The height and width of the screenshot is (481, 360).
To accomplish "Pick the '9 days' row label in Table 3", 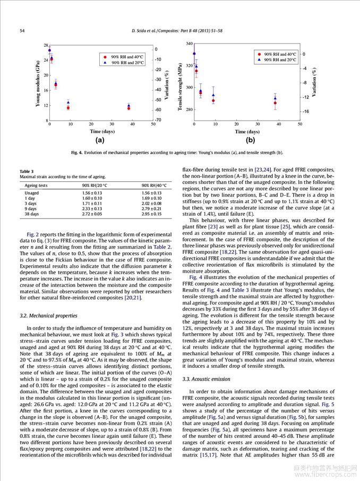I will pos(30,208).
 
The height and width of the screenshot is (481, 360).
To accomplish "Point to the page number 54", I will pos(22,31).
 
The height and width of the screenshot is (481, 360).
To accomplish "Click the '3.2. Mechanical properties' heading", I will pos(44,316).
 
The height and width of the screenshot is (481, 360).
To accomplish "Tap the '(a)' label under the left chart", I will pos(99,140).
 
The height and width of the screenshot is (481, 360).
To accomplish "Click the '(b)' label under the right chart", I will pos(250,140).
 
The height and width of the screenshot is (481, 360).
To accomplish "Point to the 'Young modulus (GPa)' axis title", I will pos(38,83).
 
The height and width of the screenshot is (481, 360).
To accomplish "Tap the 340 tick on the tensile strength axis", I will pos(188,43).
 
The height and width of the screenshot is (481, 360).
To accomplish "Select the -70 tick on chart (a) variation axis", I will pos(158,120).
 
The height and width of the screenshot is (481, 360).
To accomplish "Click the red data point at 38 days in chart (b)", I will pos(275,103).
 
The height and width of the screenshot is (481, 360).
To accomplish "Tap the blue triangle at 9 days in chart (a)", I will pos(68,102).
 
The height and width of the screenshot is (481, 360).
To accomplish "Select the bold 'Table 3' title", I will pos(27,171).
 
